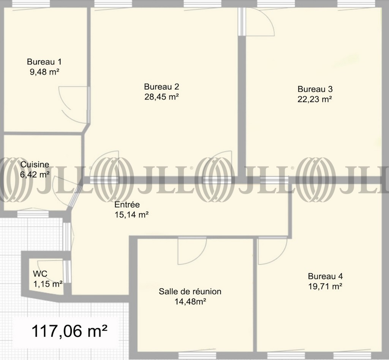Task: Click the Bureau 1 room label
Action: tap(44, 62)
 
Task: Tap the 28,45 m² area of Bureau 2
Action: tap(161, 97)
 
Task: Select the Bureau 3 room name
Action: tap(315, 89)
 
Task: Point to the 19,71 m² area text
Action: tap(325, 286)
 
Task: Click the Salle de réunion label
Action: tap(190, 291)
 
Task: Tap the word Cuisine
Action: tap(35, 164)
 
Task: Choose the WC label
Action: tap(40, 274)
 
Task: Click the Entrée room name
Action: tap(127, 205)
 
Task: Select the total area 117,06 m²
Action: tap(70, 331)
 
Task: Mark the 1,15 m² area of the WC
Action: tap(47, 284)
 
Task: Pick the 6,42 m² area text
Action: tap(35, 174)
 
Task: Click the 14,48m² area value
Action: tap(190, 301)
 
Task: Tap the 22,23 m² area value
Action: tap(315, 99)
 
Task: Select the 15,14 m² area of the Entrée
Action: tap(131, 214)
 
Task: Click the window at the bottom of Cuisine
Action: tap(33, 214)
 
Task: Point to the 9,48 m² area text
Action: tap(44, 72)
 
